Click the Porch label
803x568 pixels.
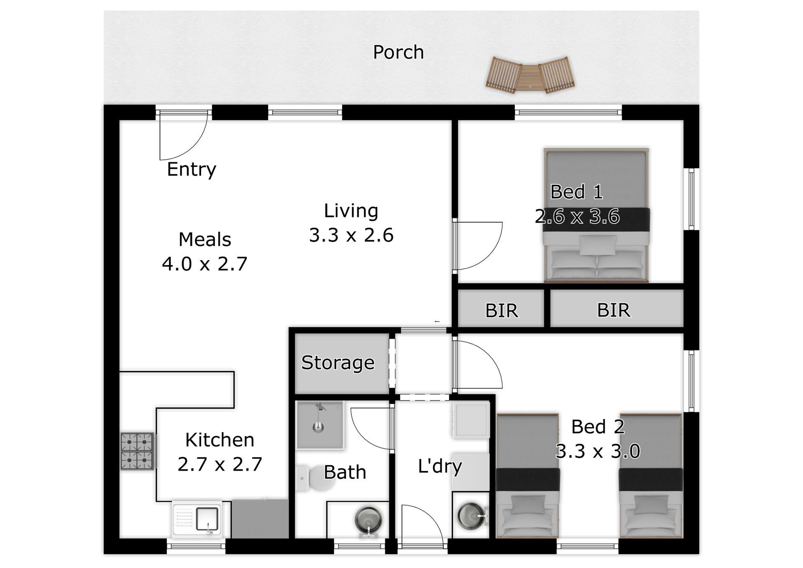[398, 52]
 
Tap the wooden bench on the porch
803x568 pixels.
[530, 75]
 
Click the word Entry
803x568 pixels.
[192, 169]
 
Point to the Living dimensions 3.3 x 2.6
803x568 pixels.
[351, 235]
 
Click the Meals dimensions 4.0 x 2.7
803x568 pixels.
[205, 264]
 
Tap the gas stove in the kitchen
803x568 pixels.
[137, 451]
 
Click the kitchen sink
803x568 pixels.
[197, 519]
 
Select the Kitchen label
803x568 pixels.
[220, 440]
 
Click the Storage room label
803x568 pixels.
[338, 363]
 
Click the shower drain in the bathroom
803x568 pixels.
[319, 427]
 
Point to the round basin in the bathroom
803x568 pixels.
[368, 520]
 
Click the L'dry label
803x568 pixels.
[440, 466]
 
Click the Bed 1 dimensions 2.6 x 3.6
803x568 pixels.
[577, 217]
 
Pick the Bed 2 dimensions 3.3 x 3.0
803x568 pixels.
[598, 451]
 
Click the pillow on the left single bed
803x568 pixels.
[528, 505]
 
